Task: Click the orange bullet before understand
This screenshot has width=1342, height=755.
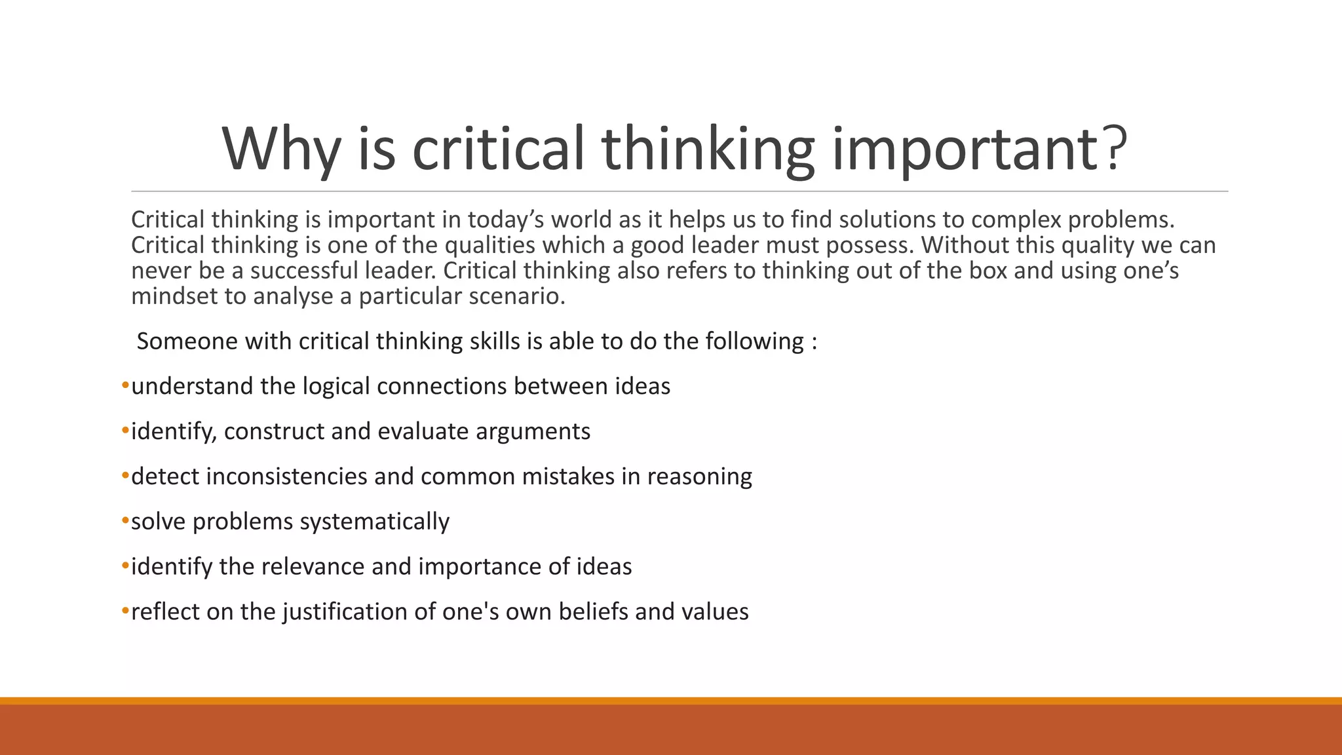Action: [x=125, y=385]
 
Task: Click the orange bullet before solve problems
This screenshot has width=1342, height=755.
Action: [x=125, y=520]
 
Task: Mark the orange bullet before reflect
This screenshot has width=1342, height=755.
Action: [x=125, y=611]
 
